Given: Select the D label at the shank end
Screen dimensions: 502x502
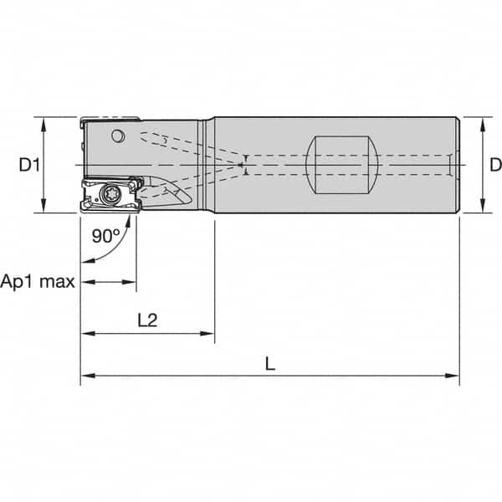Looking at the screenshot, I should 495,166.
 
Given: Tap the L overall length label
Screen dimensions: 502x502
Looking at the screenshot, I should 269,364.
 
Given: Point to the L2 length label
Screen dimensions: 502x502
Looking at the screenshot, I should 146,320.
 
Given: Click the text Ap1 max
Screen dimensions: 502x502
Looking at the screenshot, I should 38,282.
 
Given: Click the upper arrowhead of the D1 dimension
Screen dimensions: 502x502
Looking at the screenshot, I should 44,122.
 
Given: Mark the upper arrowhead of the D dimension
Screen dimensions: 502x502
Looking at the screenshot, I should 483,122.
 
